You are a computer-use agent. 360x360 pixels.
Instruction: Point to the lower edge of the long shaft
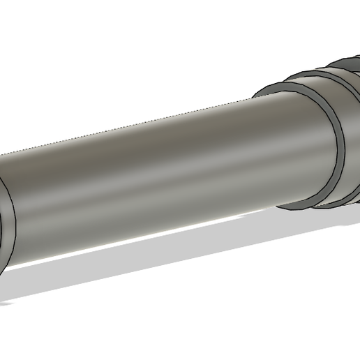(x=140, y=237)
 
